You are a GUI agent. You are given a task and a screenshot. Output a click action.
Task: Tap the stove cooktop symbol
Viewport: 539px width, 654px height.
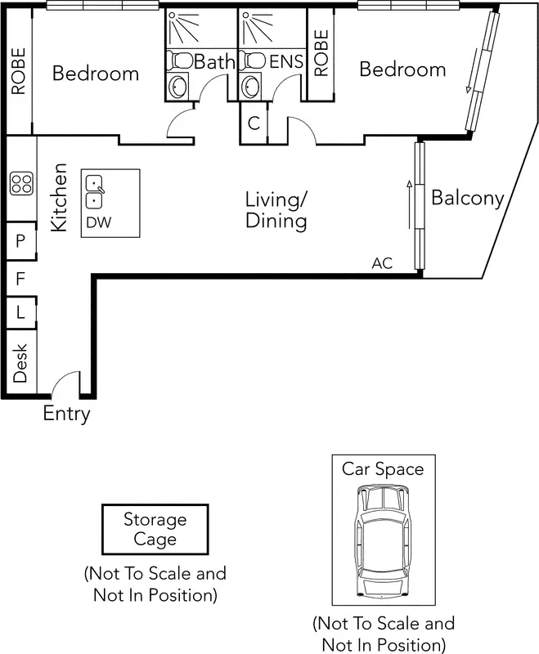21,184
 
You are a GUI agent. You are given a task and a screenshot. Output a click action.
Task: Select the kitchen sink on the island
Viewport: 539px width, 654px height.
96,191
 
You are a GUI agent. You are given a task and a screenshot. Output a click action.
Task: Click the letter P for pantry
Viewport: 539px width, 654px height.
20,241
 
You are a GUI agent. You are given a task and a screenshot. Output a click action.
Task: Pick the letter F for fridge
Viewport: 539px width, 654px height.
20,279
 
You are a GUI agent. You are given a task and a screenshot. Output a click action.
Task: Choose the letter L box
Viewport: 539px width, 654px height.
20,311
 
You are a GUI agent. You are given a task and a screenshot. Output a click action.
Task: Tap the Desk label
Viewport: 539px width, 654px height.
20,362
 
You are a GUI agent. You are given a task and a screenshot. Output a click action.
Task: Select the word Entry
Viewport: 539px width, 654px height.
66,414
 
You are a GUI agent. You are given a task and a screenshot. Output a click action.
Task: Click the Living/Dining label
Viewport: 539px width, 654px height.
276,210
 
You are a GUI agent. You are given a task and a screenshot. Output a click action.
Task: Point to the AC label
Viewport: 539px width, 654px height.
382,263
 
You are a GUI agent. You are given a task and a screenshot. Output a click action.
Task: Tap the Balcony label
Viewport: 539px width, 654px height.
468,198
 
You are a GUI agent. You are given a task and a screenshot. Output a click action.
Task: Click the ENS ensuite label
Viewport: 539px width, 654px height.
286,61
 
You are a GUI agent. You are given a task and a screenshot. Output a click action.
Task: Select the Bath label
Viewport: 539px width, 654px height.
214,61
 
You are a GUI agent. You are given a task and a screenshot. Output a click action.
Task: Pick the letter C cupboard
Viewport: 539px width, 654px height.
254,124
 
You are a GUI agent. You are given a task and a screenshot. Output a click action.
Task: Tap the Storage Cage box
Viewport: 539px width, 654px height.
155,530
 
